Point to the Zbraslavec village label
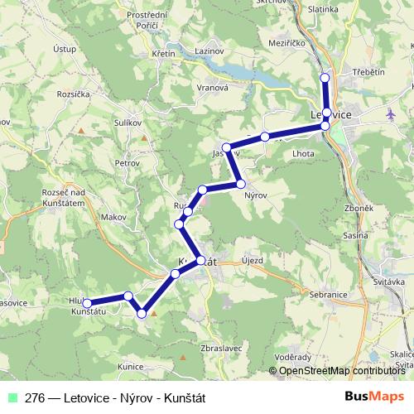tap(221, 349)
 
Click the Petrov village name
tap(128, 163)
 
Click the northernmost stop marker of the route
tap(325, 78)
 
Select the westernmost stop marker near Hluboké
tap(88, 304)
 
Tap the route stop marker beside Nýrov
tap(240, 183)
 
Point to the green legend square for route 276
tap(11, 397)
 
